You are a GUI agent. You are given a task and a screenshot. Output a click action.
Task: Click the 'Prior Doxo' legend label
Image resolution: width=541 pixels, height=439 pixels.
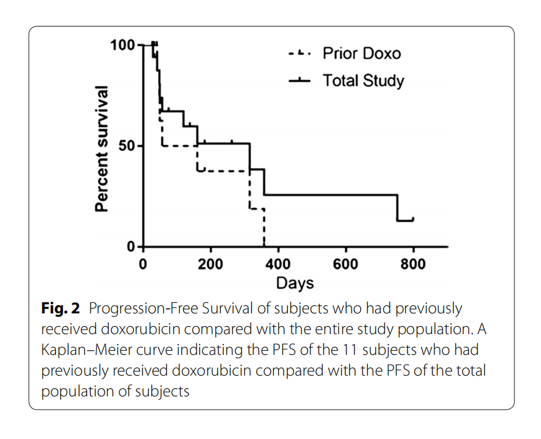point(361,54)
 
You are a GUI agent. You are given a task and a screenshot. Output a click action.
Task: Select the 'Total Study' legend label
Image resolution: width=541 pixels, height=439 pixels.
point(363,80)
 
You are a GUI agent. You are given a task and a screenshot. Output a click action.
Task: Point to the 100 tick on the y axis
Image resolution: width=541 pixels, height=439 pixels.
point(123,45)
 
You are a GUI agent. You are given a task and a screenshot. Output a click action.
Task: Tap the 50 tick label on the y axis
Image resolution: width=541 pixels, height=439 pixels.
point(127,146)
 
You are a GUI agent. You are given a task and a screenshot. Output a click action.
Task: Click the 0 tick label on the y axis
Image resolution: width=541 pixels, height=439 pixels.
point(132,247)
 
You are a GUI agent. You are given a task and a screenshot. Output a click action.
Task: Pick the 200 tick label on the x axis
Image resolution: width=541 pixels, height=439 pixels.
point(210,264)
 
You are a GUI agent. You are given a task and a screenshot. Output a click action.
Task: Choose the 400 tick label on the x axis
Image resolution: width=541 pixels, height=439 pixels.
point(278,264)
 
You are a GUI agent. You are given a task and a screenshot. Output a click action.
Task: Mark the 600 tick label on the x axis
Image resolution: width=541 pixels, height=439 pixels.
point(345,264)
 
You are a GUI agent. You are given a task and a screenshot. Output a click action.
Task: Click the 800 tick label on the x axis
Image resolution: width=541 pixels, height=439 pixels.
point(413,264)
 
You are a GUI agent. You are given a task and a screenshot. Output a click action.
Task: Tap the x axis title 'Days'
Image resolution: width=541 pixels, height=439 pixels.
point(295,283)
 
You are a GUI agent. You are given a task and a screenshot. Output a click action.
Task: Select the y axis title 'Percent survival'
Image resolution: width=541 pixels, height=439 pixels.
point(102,149)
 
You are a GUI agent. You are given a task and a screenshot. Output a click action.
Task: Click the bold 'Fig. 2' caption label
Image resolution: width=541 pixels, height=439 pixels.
point(60,309)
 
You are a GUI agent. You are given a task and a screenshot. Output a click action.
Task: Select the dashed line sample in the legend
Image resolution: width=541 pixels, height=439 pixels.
point(299,54)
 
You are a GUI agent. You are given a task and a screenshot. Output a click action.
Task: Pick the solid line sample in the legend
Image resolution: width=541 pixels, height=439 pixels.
point(299,80)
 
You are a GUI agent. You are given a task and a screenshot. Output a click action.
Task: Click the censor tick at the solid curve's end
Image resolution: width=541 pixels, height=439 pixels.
point(413,219)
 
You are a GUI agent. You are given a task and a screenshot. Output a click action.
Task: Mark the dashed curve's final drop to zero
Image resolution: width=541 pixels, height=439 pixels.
point(264,228)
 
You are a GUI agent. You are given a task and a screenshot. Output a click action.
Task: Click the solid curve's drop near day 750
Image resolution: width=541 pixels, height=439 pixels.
point(397,208)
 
